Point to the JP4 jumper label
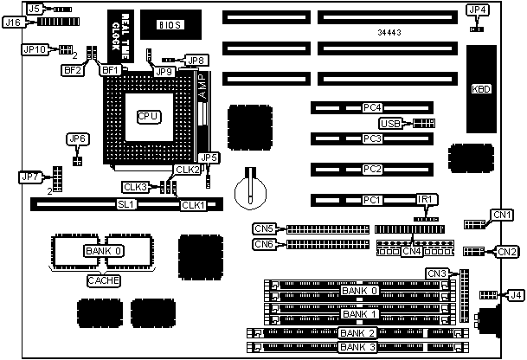tap(478, 10)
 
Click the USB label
tap(391, 123)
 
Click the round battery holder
tap(250, 187)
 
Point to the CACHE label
tap(104, 280)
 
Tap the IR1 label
tap(425, 200)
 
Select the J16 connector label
tap(13, 22)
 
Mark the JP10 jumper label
tap(35, 50)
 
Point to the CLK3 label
tap(136, 187)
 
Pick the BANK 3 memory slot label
tap(357, 347)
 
